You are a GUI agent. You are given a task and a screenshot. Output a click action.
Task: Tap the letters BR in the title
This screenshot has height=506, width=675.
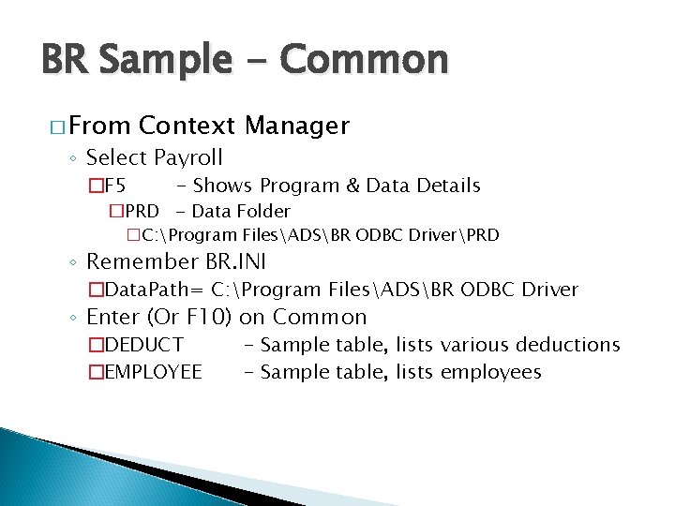(x=65, y=59)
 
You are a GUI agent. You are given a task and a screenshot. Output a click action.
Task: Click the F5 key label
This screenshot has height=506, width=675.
(x=122, y=186)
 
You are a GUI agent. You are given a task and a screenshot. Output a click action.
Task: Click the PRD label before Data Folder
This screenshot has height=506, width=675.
(x=142, y=212)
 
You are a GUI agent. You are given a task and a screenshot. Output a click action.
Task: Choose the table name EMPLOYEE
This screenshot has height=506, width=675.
(x=153, y=372)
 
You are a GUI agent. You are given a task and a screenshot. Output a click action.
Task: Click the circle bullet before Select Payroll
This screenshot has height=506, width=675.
(x=73, y=157)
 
